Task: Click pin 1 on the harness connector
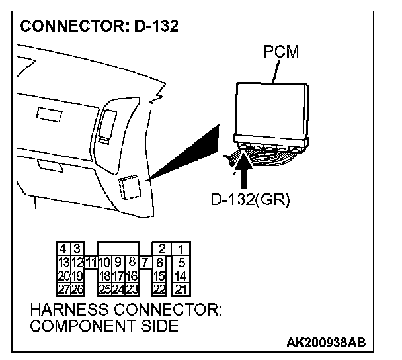(x=179, y=249)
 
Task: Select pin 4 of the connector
(x=63, y=249)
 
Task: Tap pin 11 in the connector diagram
(x=91, y=263)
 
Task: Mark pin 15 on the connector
(x=159, y=275)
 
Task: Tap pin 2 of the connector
(x=161, y=249)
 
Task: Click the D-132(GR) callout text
(x=252, y=199)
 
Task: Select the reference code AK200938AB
(x=326, y=343)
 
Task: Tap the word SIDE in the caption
(x=159, y=326)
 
